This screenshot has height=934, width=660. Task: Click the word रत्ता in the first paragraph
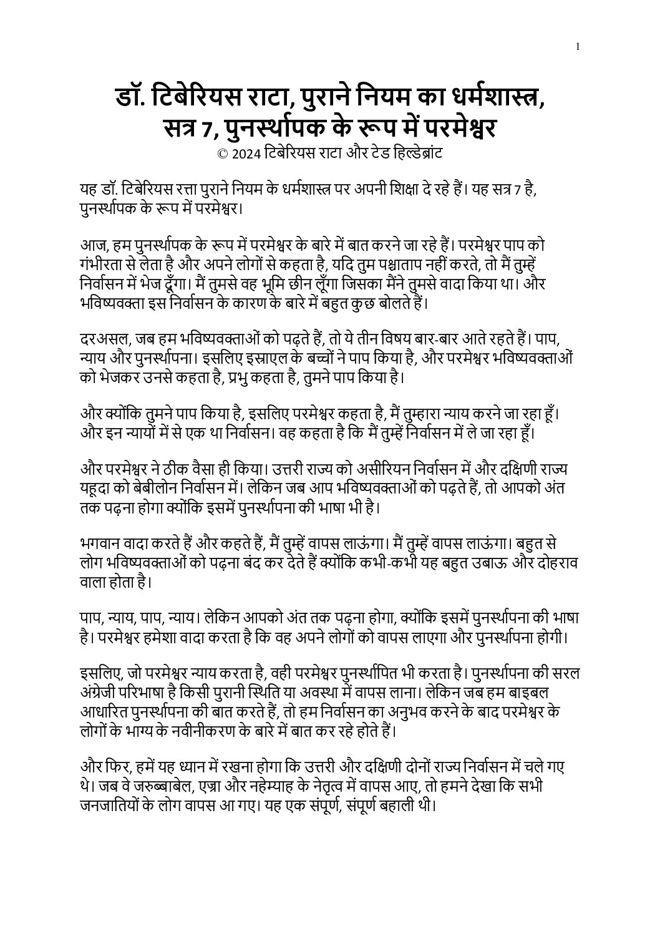207,189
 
